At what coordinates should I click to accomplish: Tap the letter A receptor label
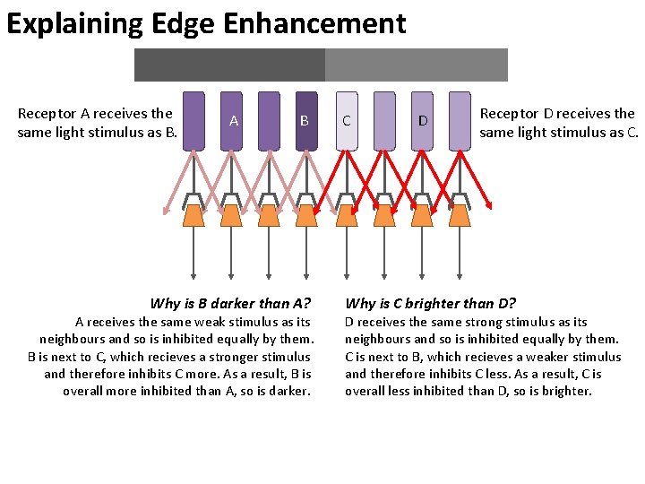point(233,120)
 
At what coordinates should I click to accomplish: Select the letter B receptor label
point(305,120)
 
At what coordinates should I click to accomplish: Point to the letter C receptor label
point(346,120)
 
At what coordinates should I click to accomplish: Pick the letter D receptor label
point(422,120)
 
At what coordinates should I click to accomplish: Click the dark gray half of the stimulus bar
point(229,65)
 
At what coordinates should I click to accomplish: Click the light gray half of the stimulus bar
point(416,65)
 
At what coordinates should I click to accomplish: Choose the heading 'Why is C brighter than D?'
point(430,303)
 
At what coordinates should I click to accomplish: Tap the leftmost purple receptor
point(193,119)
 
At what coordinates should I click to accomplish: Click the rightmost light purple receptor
point(460,119)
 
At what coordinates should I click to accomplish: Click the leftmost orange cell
point(193,215)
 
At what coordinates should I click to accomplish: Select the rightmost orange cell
point(460,215)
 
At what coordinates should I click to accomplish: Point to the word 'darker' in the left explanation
point(290,391)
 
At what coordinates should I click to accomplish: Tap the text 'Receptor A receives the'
point(95,113)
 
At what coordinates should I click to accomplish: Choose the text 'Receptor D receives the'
point(557,113)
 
